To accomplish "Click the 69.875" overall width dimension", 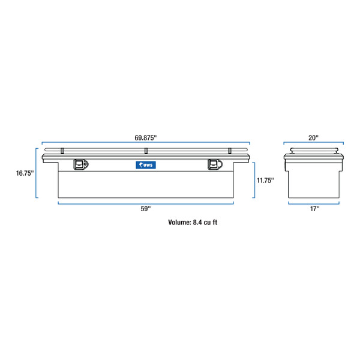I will tap(145, 137).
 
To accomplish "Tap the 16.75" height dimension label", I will tap(24, 173).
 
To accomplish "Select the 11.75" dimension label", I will tap(265, 181).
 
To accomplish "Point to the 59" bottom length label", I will tap(145, 208).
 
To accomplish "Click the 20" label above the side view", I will tap(314, 137).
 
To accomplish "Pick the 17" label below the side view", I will tap(314, 208).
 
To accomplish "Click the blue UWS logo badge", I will tap(145, 164).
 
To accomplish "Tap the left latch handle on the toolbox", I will tap(80, 164).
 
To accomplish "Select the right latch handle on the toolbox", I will tap(214, 164).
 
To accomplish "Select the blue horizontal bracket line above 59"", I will tap(145, 203).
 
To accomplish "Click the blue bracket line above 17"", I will tap(314, 203).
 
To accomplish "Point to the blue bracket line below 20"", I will tap(314, 143).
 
